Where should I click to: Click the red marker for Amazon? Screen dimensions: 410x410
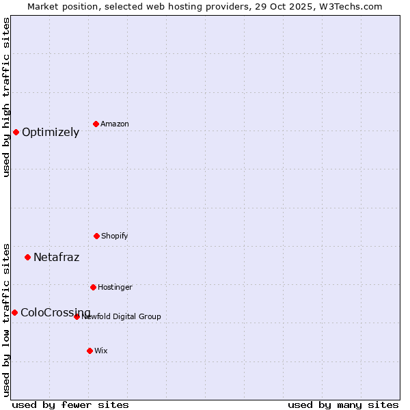click(x=96, y=124)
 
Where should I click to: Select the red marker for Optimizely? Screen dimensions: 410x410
click(x=16, y=132)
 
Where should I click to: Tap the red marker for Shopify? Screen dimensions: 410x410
click(x=96, y=236)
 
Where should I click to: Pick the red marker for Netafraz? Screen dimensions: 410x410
click(x=27, y=257)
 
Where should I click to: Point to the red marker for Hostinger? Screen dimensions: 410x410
click(x=93, y=287)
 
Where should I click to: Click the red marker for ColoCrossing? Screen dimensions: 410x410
click(x=14, y=312)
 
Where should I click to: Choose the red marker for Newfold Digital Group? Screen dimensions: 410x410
click(x=77, y=316)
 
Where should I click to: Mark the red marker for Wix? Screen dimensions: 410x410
click(x=90, y=351)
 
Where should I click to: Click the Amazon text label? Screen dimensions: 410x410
click(x=115, y=124)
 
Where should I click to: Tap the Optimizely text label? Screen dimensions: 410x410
click(x=51, y=133)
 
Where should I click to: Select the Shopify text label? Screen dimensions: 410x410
click(x=115, y=236)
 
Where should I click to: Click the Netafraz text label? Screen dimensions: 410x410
click(x=56, y=258)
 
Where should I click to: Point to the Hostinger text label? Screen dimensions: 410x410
click(x=115, y=287)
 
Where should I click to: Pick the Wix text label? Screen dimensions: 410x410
click(x=101, y=351)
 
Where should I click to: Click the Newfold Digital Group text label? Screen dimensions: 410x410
click(x=122, y=316)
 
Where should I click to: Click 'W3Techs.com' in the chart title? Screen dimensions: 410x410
click(x=348, y=6)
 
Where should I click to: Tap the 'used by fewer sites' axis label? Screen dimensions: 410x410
click(x=70, y=405)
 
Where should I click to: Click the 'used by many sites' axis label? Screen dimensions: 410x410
click(x=343, y=405)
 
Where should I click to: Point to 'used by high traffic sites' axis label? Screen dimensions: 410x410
click(x=6, y=97)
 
